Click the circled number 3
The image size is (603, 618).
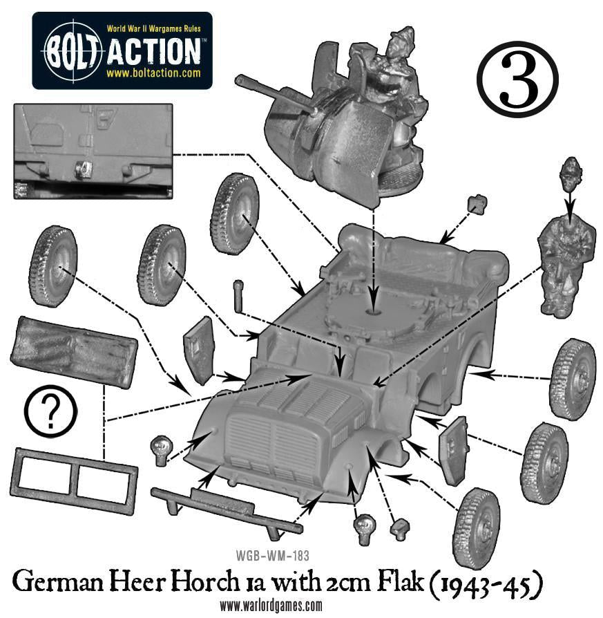tap(517, 78)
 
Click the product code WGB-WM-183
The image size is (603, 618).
tap(272, 556)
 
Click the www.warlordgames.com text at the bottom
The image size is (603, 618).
tap(271, 606)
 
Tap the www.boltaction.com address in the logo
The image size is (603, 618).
tap(153, 73)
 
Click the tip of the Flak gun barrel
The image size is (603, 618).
tap(238, 80)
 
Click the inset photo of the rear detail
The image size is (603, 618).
tap(93, 151)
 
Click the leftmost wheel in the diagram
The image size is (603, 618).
tap(52, 265)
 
